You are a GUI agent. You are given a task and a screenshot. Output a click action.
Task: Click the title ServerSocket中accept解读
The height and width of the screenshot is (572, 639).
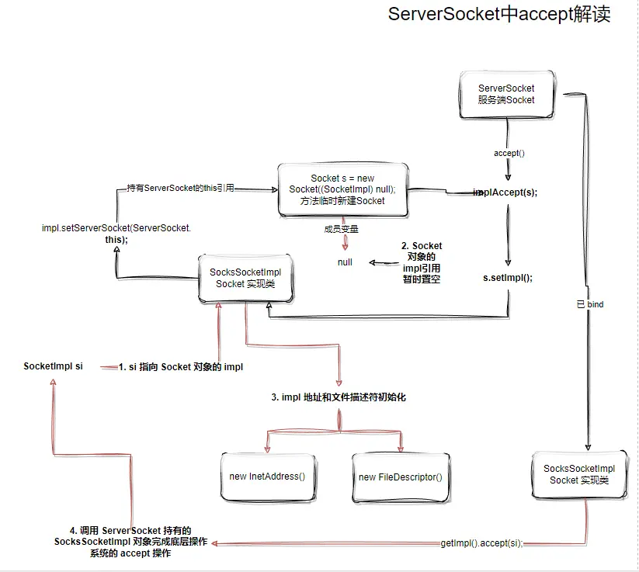[x=499, y=15]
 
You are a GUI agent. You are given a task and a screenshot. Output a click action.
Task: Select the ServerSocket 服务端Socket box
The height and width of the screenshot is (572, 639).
[x=506, y=94]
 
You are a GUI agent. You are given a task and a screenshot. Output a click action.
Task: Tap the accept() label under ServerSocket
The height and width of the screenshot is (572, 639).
[x=509, y=153]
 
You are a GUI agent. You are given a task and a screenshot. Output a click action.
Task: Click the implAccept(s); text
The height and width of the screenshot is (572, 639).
[x=505, y=192]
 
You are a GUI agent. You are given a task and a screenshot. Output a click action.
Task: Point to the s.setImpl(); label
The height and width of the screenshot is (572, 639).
[x=508, y=277]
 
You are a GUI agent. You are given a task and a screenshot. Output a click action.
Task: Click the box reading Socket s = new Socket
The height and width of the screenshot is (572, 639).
[x=342, y=189]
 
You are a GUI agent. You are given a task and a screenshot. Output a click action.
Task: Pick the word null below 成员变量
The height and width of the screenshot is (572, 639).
[x=345, y=262]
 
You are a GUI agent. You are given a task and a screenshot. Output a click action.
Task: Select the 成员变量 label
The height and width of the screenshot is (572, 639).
[x=342, y=229]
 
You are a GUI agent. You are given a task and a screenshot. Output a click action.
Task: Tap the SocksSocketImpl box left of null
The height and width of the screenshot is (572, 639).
[x=245, y=278]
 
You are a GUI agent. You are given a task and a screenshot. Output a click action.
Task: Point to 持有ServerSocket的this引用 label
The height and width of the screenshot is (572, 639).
[x=180, y=189]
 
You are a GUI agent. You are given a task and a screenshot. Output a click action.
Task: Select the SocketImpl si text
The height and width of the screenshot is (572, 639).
[x=54, y=366]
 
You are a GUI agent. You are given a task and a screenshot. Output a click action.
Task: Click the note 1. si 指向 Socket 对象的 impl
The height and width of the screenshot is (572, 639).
[x=181, y=367]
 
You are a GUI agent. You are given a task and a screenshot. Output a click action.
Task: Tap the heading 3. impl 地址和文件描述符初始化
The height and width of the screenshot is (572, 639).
[x=339, y=397]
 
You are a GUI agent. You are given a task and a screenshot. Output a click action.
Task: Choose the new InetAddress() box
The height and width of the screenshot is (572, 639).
[x=268, y=476]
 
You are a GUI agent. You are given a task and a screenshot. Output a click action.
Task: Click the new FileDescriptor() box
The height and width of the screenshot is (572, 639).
[x=401, y=476]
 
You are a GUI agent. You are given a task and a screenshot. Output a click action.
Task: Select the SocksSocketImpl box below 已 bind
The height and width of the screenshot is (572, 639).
[x=579, y=474]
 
